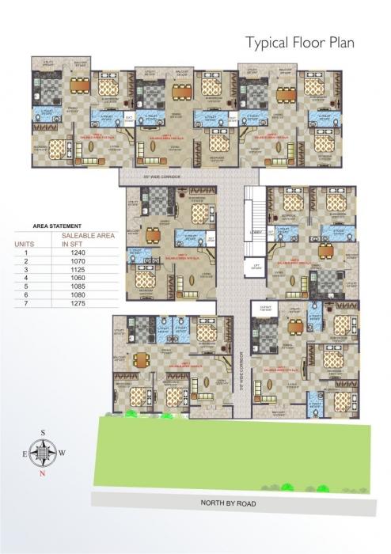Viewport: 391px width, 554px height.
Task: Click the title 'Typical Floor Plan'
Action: click(x=300, y=42)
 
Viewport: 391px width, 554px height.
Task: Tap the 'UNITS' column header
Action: click(x=25, y=245)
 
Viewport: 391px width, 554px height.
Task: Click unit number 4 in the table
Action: click(x=25, y=278)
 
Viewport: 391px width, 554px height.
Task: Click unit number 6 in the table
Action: click(x=25, y=294)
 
